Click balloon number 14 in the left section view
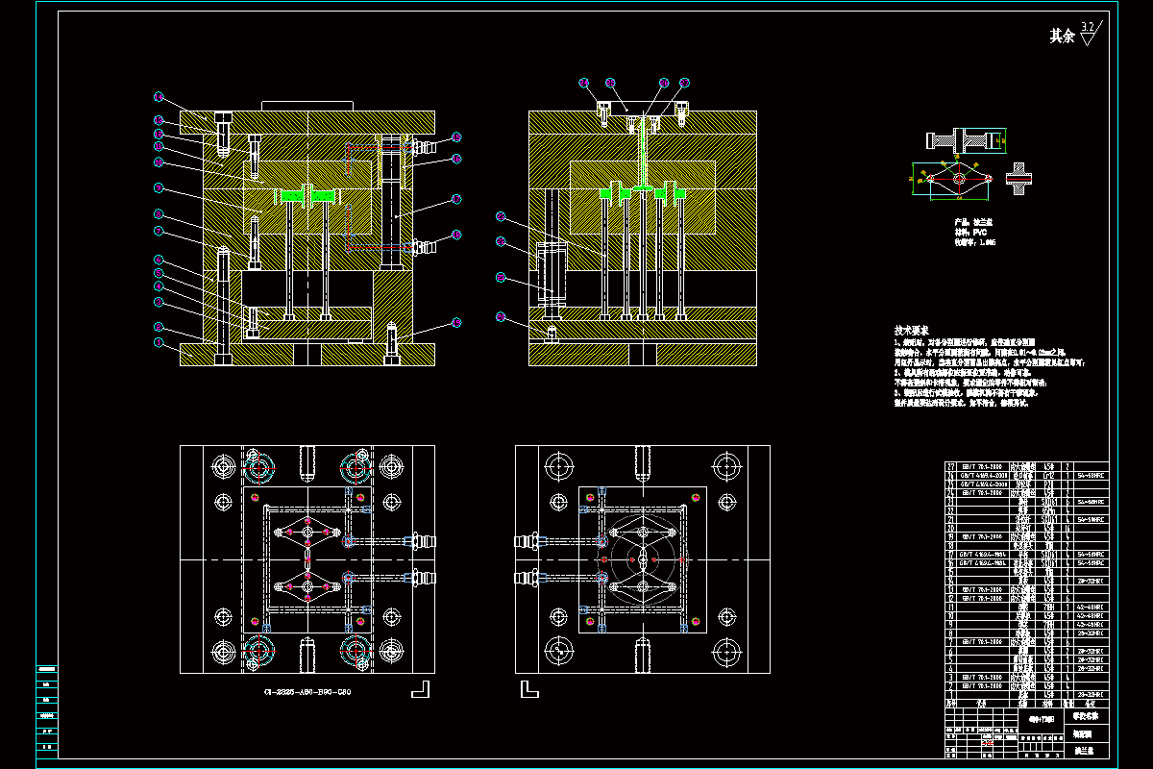point(159,96)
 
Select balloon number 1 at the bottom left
point(159,342)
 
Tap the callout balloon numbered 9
point(159,188)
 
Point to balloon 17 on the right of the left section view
point(456,199)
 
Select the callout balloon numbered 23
point(501,216)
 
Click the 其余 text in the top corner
point(1061,37)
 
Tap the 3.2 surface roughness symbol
point(1088,33)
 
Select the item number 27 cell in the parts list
point(951,466)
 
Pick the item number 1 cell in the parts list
point(951,694)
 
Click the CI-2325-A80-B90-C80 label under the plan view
point(306,692)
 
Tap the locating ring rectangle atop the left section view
point(307,106)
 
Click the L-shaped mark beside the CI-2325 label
point(420,688)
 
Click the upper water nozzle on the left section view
point(423,146)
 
